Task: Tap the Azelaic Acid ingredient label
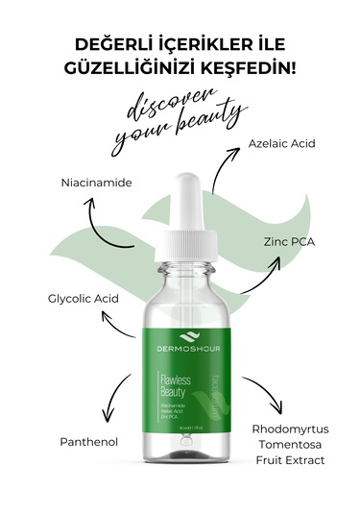point(281,143)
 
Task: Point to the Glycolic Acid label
point(83,299)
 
